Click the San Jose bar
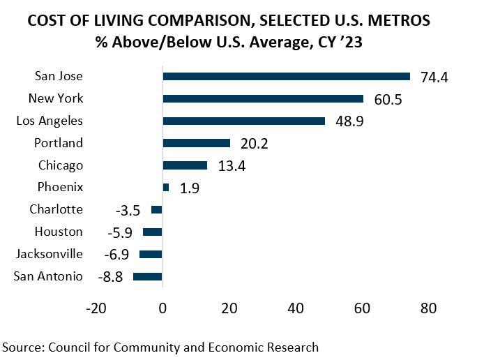click(x=286, y=76)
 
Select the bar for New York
click(x=263, y=98)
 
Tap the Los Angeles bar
click(x=243, y=121)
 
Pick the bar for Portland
click(x=196, y=143)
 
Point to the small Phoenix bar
click(x=165, y=187)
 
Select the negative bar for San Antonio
click(x=148, y=276)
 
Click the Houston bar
click(x=153, y=232)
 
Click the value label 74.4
click(x=434, y=77)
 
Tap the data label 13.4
click(x=232, y=166)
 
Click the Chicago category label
click(x=60, y=165)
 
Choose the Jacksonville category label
click(x=49, y=254)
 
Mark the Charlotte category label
click(x=56, y=209)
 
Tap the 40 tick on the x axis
click(x=296, y=309)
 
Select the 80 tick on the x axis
click(x=428, y=309)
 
